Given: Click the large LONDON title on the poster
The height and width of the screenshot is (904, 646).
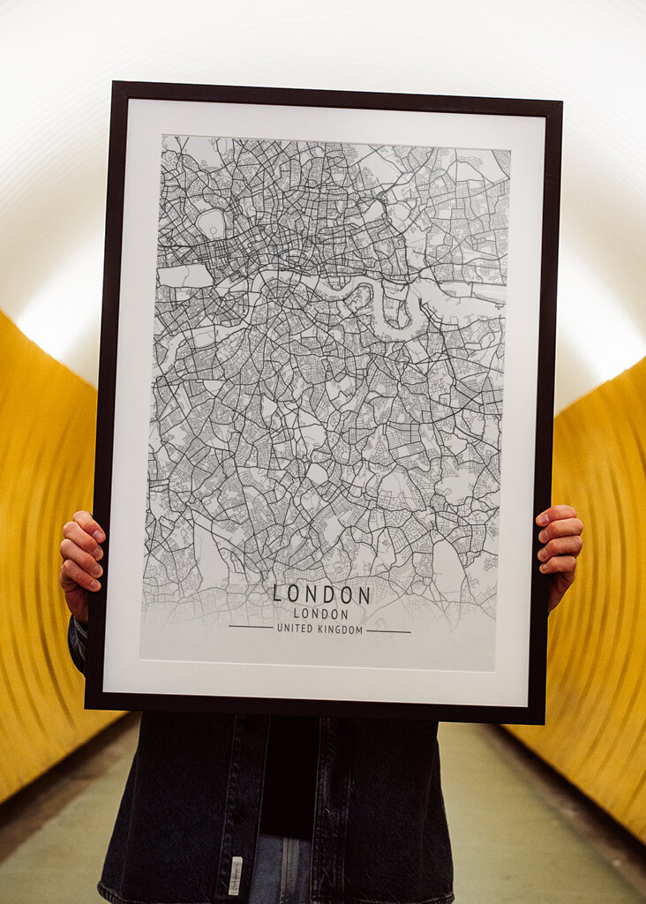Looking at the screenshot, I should click(321, 594).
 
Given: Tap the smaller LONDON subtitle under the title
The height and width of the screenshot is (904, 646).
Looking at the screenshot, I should click(320, 614).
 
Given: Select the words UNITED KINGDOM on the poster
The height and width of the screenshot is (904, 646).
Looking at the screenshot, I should click(319, 629).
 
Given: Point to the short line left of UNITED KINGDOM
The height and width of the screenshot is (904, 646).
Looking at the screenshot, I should click(251, 627).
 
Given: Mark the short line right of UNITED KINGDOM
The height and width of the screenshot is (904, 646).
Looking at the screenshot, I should click(388, 631).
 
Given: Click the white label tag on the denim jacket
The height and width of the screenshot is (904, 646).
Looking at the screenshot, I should click(236, 874).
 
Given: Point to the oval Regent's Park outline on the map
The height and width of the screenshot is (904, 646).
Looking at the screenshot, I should click(211, 223).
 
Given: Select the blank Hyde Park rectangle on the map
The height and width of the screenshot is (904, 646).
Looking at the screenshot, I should click(184, 275).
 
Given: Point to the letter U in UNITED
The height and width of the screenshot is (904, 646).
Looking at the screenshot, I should click(280, 629).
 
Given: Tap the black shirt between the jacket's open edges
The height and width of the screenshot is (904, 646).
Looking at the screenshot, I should click(291, 768).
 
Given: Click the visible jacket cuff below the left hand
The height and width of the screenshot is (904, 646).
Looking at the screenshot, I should click(78, 640).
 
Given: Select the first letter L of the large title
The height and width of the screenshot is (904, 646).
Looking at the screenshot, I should click(277, 594).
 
